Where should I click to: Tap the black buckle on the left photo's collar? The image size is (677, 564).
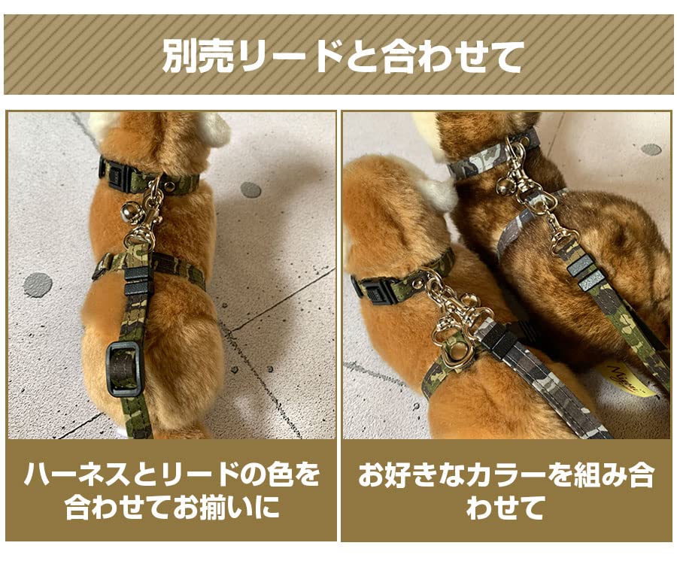115,172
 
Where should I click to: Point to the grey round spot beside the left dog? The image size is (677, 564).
38,284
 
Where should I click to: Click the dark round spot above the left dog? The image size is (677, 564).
250,190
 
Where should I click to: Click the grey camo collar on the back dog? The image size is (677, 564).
481,159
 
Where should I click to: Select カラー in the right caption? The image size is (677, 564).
497,475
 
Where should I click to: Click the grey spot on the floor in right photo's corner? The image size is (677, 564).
651,149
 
